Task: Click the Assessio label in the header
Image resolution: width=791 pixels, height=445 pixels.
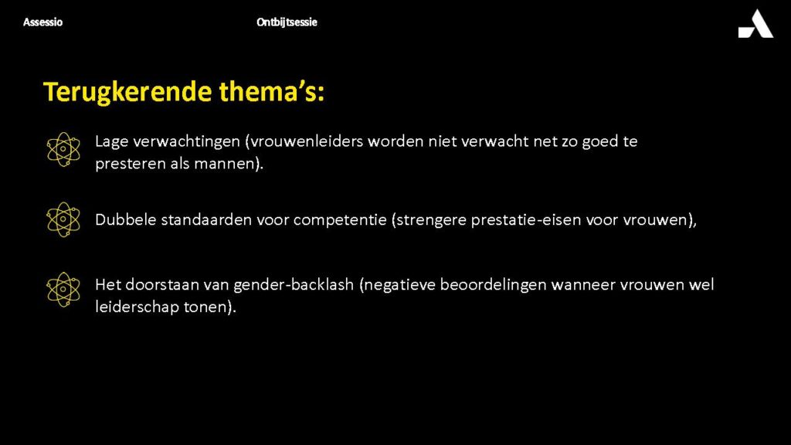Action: point(43,22)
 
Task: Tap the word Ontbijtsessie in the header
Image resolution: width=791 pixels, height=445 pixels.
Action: point(287,22)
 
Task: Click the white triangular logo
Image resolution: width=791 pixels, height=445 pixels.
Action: point(755,24)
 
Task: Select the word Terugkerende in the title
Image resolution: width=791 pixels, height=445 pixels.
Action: point(127,93)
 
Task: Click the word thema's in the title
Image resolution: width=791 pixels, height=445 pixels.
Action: point(271,91)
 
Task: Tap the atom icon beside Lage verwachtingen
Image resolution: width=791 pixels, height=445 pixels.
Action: point(63,149)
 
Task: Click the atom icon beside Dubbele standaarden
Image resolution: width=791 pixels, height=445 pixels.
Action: point(63,219)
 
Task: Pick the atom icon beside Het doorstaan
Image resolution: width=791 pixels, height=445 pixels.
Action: point(63,290)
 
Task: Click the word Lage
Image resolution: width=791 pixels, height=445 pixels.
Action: point(111,142)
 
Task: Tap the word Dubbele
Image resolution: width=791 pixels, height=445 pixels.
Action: point(126,220)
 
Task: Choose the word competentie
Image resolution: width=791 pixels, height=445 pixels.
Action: point(340,220)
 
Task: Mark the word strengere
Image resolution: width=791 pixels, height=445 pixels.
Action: point(429,220)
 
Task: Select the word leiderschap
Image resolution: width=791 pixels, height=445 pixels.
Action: point(137,307)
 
